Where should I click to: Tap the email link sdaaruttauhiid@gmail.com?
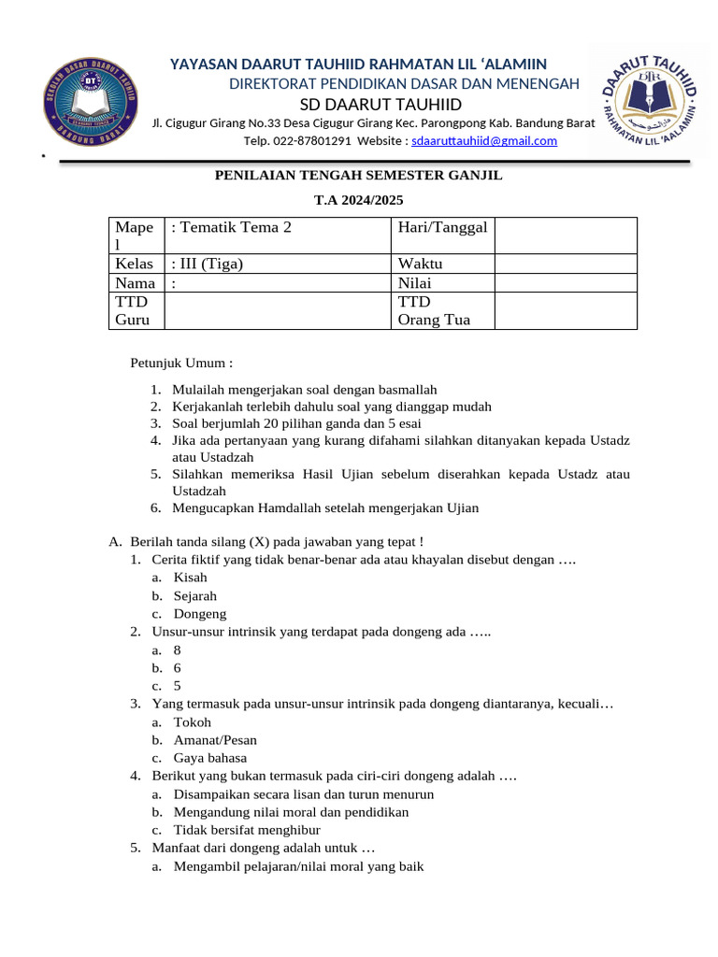click(484, 141)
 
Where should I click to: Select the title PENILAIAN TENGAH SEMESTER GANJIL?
click(359, 175)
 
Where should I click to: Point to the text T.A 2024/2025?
click(359, 199)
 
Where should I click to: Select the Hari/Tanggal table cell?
click(442, 227)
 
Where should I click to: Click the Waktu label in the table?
click(420, 264)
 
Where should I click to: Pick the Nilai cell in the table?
click(415, 283)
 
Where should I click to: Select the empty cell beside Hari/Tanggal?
click(565, 236)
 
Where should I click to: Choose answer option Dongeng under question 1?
click(199, 614)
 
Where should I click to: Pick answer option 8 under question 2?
click(178, 650)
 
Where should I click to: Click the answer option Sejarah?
click(194, 595)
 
